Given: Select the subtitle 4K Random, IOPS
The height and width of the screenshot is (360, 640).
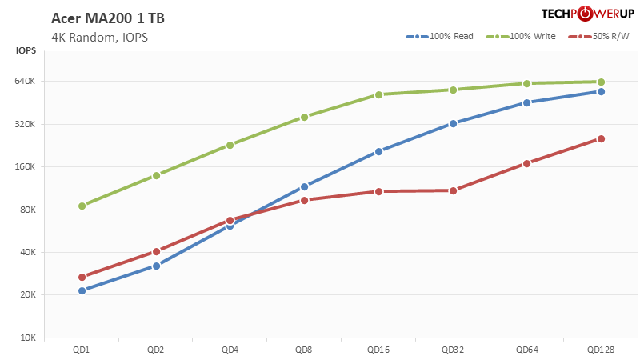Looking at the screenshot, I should (x=99, y=37).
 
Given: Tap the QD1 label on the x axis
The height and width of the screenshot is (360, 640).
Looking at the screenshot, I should (x=82, y=350).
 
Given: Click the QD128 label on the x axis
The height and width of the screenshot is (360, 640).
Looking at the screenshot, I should (x=601, y=350).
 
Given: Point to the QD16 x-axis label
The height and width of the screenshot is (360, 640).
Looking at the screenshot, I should (x=378, y=350).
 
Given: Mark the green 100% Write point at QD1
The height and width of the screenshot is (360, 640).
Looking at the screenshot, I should (x=82, y=206).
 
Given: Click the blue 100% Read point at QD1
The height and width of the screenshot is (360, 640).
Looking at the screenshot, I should (x=82, y=290).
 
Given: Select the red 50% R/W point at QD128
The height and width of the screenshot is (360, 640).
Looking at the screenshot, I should (x=601, y=138).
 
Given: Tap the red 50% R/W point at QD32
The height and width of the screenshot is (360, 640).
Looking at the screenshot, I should (x=453, y=190).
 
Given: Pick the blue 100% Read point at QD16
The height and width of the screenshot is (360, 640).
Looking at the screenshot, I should (x=378, y=151).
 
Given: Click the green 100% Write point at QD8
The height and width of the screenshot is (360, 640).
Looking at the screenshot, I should (x=304, y=117).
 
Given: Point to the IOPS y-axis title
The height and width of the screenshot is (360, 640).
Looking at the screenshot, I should (x=26, y=51).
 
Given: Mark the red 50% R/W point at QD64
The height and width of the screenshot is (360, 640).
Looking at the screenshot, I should (x=526, y=163).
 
